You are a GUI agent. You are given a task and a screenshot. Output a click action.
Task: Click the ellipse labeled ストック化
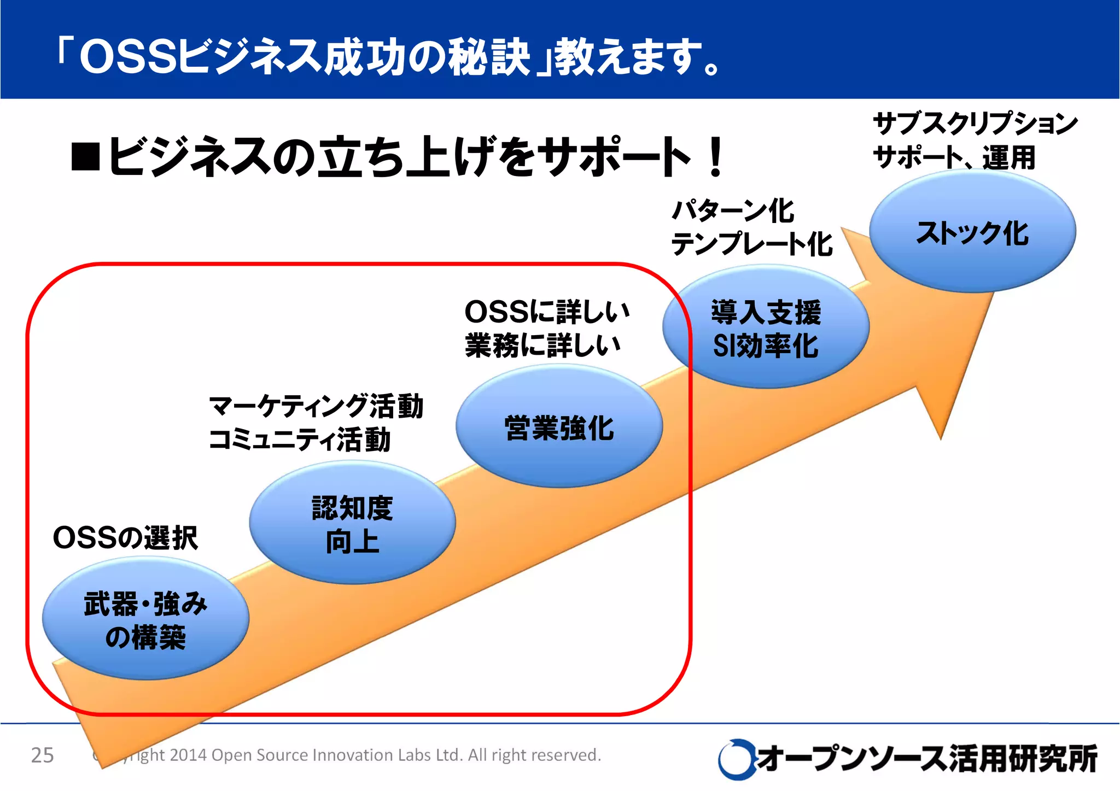972,232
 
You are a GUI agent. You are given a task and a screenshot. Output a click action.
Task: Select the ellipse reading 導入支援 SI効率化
766,328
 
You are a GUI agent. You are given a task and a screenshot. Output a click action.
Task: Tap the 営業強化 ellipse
559,427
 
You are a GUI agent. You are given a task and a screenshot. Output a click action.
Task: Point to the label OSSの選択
125,537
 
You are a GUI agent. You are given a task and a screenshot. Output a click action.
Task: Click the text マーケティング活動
316,406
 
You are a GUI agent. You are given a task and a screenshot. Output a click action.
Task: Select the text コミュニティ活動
300,440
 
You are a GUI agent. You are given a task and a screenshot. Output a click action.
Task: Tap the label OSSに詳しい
547,312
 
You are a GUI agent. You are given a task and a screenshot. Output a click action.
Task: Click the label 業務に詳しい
542,345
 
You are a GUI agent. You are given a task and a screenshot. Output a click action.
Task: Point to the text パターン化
732,211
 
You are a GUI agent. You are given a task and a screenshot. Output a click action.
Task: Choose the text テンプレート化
751,244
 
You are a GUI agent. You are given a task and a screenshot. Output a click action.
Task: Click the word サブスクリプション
975,124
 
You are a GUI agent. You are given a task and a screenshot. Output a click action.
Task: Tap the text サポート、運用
954,157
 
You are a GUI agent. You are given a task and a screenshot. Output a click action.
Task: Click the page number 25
42,755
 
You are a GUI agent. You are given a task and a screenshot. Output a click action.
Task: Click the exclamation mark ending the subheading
715,158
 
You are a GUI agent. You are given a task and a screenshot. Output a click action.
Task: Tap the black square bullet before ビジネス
86,157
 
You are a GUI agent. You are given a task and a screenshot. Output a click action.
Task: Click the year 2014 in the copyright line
189,755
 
